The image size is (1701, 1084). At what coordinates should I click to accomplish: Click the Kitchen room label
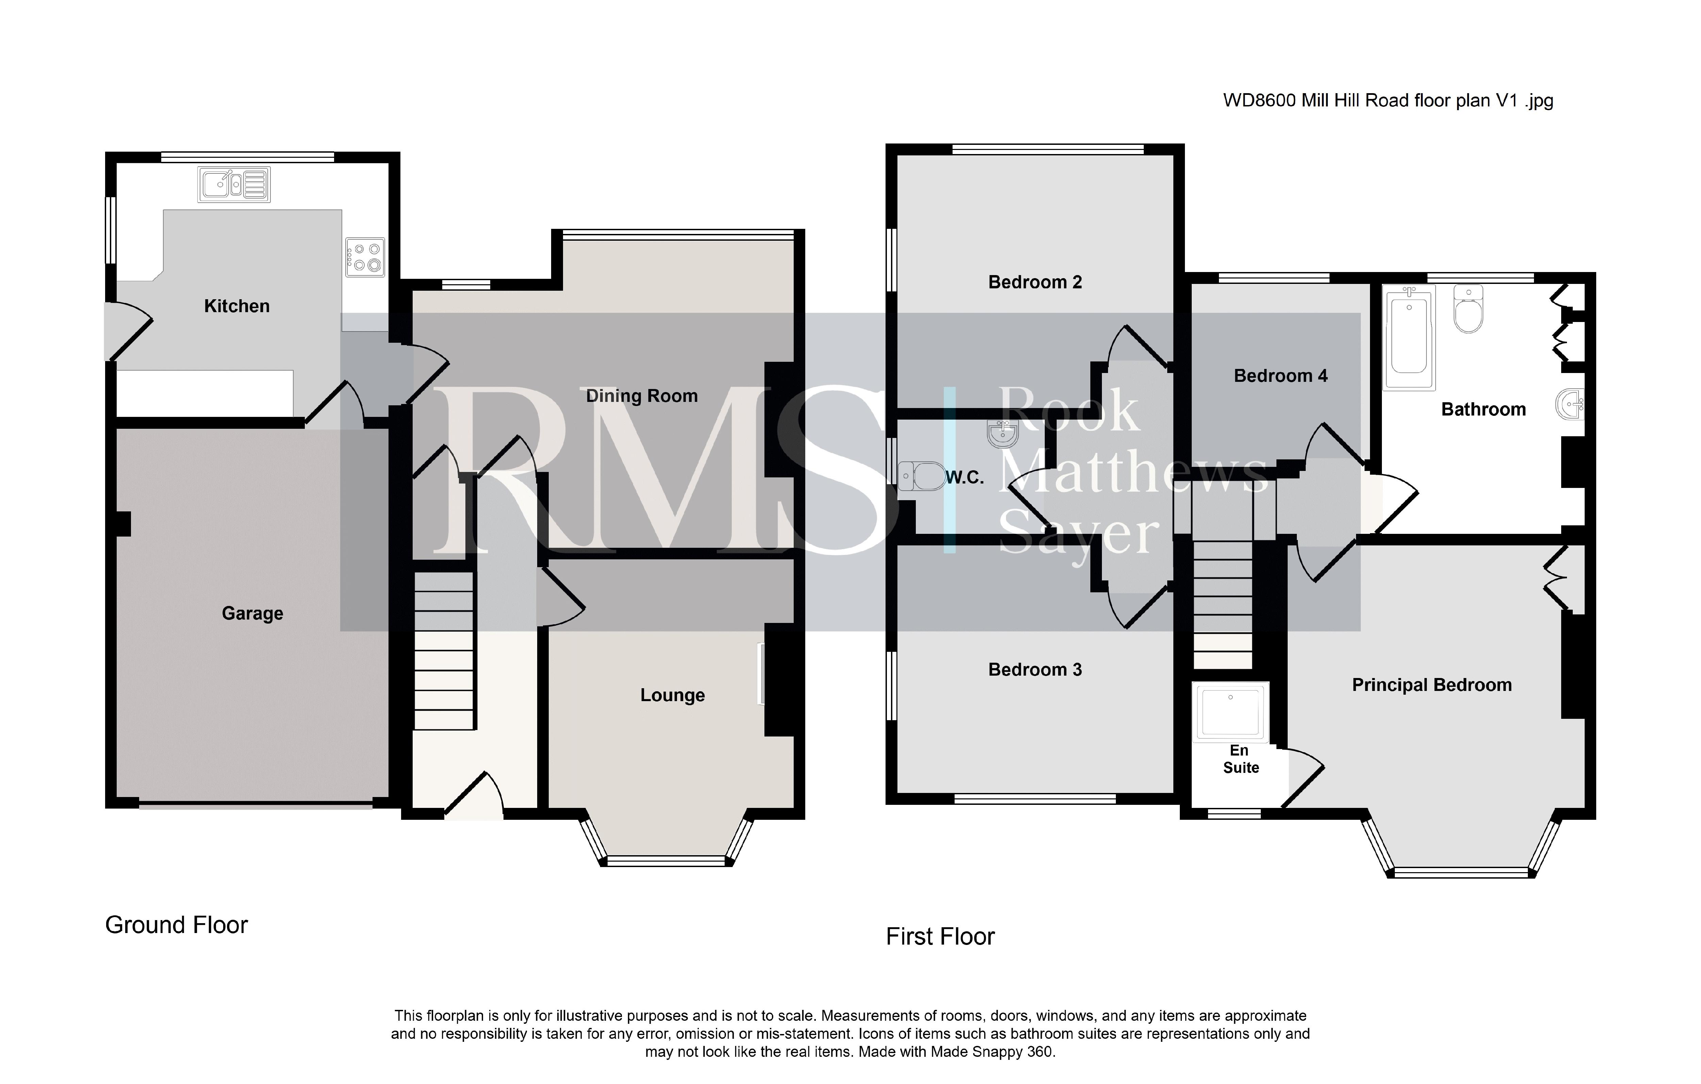coord(237,306)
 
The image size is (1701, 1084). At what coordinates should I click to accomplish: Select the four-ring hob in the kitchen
coord(365,257)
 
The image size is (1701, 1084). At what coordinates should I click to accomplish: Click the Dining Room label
coord(641,396)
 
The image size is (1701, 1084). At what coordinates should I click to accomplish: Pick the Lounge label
coord(673,696)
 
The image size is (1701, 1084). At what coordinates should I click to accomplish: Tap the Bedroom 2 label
coord(1035,283)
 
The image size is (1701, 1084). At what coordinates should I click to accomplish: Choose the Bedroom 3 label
coord(1035,670)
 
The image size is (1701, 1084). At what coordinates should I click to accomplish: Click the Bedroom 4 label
coord(1281,376)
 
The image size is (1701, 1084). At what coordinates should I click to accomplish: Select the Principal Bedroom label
coord(1432,685)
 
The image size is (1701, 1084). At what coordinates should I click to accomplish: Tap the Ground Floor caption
coord(177,925)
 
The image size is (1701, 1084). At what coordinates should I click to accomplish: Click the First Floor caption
coord(940,936)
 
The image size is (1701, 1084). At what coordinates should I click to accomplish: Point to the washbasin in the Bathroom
coord(1570,405)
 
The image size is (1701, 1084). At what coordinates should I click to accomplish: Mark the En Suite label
coord(1240,759)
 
